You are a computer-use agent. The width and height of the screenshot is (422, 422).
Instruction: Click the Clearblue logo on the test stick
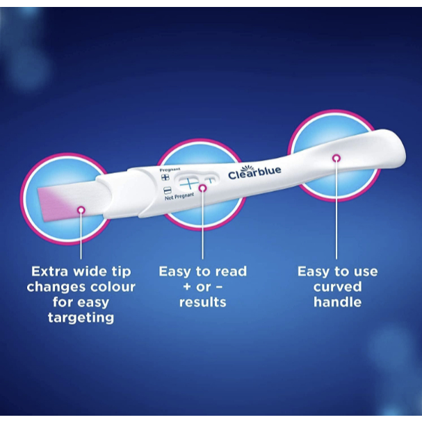[254, 172]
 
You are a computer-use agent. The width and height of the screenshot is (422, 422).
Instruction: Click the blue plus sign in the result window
[189, 184]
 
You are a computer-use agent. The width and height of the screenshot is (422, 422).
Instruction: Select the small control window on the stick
[210, 180]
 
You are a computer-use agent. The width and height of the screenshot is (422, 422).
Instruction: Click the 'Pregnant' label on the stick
[170, 170]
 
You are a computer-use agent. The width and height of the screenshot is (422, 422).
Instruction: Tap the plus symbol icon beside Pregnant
[165, 177]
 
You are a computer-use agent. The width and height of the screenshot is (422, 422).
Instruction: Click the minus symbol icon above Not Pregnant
[168, 190]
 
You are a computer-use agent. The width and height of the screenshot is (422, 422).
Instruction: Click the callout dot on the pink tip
[81, 210]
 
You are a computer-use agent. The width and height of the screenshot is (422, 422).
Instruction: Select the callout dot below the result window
[202, 188]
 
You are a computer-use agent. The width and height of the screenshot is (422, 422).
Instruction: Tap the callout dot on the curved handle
[336, 158]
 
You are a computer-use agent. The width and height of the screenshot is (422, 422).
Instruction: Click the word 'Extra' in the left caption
[49, 271]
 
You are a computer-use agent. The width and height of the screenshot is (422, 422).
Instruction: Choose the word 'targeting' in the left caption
[81, 318]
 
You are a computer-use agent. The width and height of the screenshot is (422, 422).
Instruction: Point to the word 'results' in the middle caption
[202, 302]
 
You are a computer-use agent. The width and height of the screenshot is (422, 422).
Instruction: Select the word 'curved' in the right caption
[337, 287]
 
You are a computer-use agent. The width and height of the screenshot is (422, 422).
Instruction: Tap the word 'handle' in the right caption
[337, 302]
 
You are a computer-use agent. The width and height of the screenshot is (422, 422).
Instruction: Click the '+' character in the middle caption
[187, 286]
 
